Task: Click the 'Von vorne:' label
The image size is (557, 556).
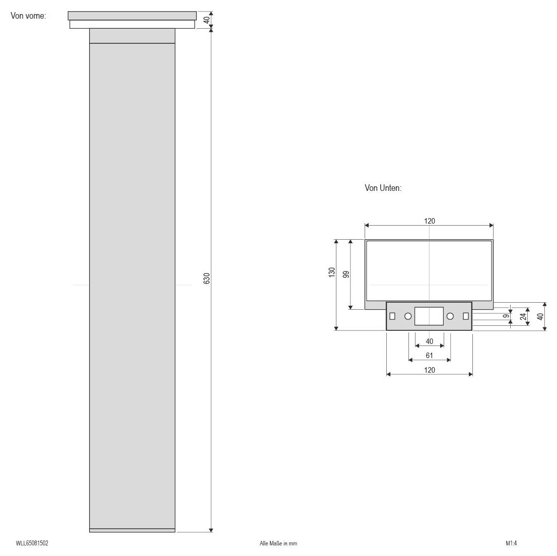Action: [28, 16]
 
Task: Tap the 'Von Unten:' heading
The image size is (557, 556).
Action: [383, 188]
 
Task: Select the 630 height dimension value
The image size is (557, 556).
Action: [206, 279]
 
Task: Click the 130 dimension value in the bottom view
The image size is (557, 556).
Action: [332, 272]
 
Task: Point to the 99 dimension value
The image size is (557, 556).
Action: [346, 274]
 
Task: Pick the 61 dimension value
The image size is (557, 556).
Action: [430, 356]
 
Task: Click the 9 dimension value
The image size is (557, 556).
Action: [506, 316]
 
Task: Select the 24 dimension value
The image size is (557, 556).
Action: [523, 316]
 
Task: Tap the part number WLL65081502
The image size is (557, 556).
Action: [32, 543]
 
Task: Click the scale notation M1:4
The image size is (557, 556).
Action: [512, 543]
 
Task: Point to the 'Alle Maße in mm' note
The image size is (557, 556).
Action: [278, 543]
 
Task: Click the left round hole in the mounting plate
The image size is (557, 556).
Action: [408, 316]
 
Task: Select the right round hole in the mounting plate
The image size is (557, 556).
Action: [450, 316]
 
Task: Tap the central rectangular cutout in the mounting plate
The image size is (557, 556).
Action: [429, 316]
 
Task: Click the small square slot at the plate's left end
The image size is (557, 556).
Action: [392, 316]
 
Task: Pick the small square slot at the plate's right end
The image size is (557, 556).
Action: [466, 316]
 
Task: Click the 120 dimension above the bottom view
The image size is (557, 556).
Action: [430, 221]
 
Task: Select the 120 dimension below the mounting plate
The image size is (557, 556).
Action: [430, 370]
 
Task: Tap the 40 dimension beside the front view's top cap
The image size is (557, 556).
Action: [206, 20]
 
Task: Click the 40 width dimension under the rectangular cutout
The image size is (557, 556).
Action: [430, 341]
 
